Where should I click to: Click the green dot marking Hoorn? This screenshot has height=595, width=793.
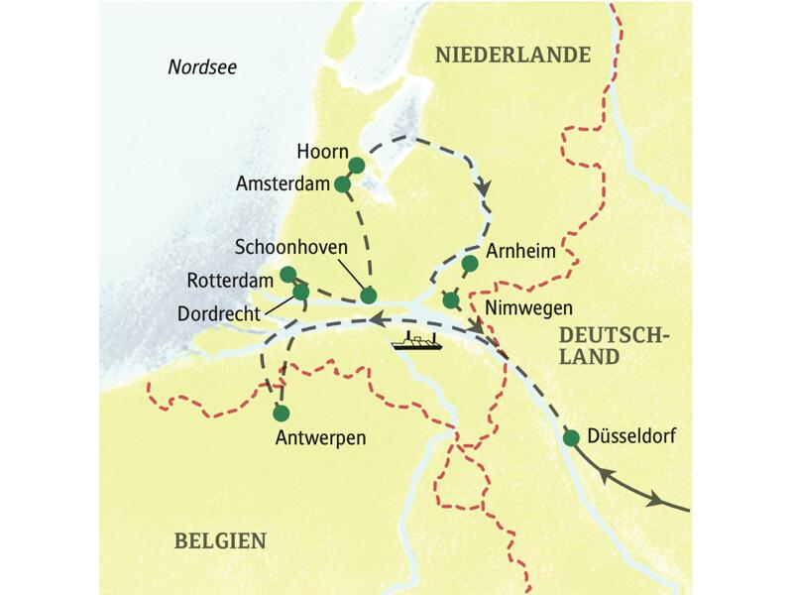[x=356, y=165]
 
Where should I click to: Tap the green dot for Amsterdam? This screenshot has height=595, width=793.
[x=342, y=183]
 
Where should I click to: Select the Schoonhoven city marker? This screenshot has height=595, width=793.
[x=368, y=295]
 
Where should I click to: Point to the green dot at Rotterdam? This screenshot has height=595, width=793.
[x=287, y=274]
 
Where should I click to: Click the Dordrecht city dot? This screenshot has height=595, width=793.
[x=300, y=292]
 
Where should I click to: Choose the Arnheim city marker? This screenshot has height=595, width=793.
[x=469, y=263]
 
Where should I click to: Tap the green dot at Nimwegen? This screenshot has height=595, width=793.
[x=451, y=299]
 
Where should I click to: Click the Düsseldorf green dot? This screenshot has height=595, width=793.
[x=571, y=437]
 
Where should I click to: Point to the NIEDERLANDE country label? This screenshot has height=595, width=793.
[x=512, y=56]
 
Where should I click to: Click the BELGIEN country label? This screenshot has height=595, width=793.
[x=220, y=540]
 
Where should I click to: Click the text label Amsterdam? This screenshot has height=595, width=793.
[x=283, y=184]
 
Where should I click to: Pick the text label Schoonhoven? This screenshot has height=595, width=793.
[x=288, y=244]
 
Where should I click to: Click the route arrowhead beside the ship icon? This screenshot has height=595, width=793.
[x=379, y=319]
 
